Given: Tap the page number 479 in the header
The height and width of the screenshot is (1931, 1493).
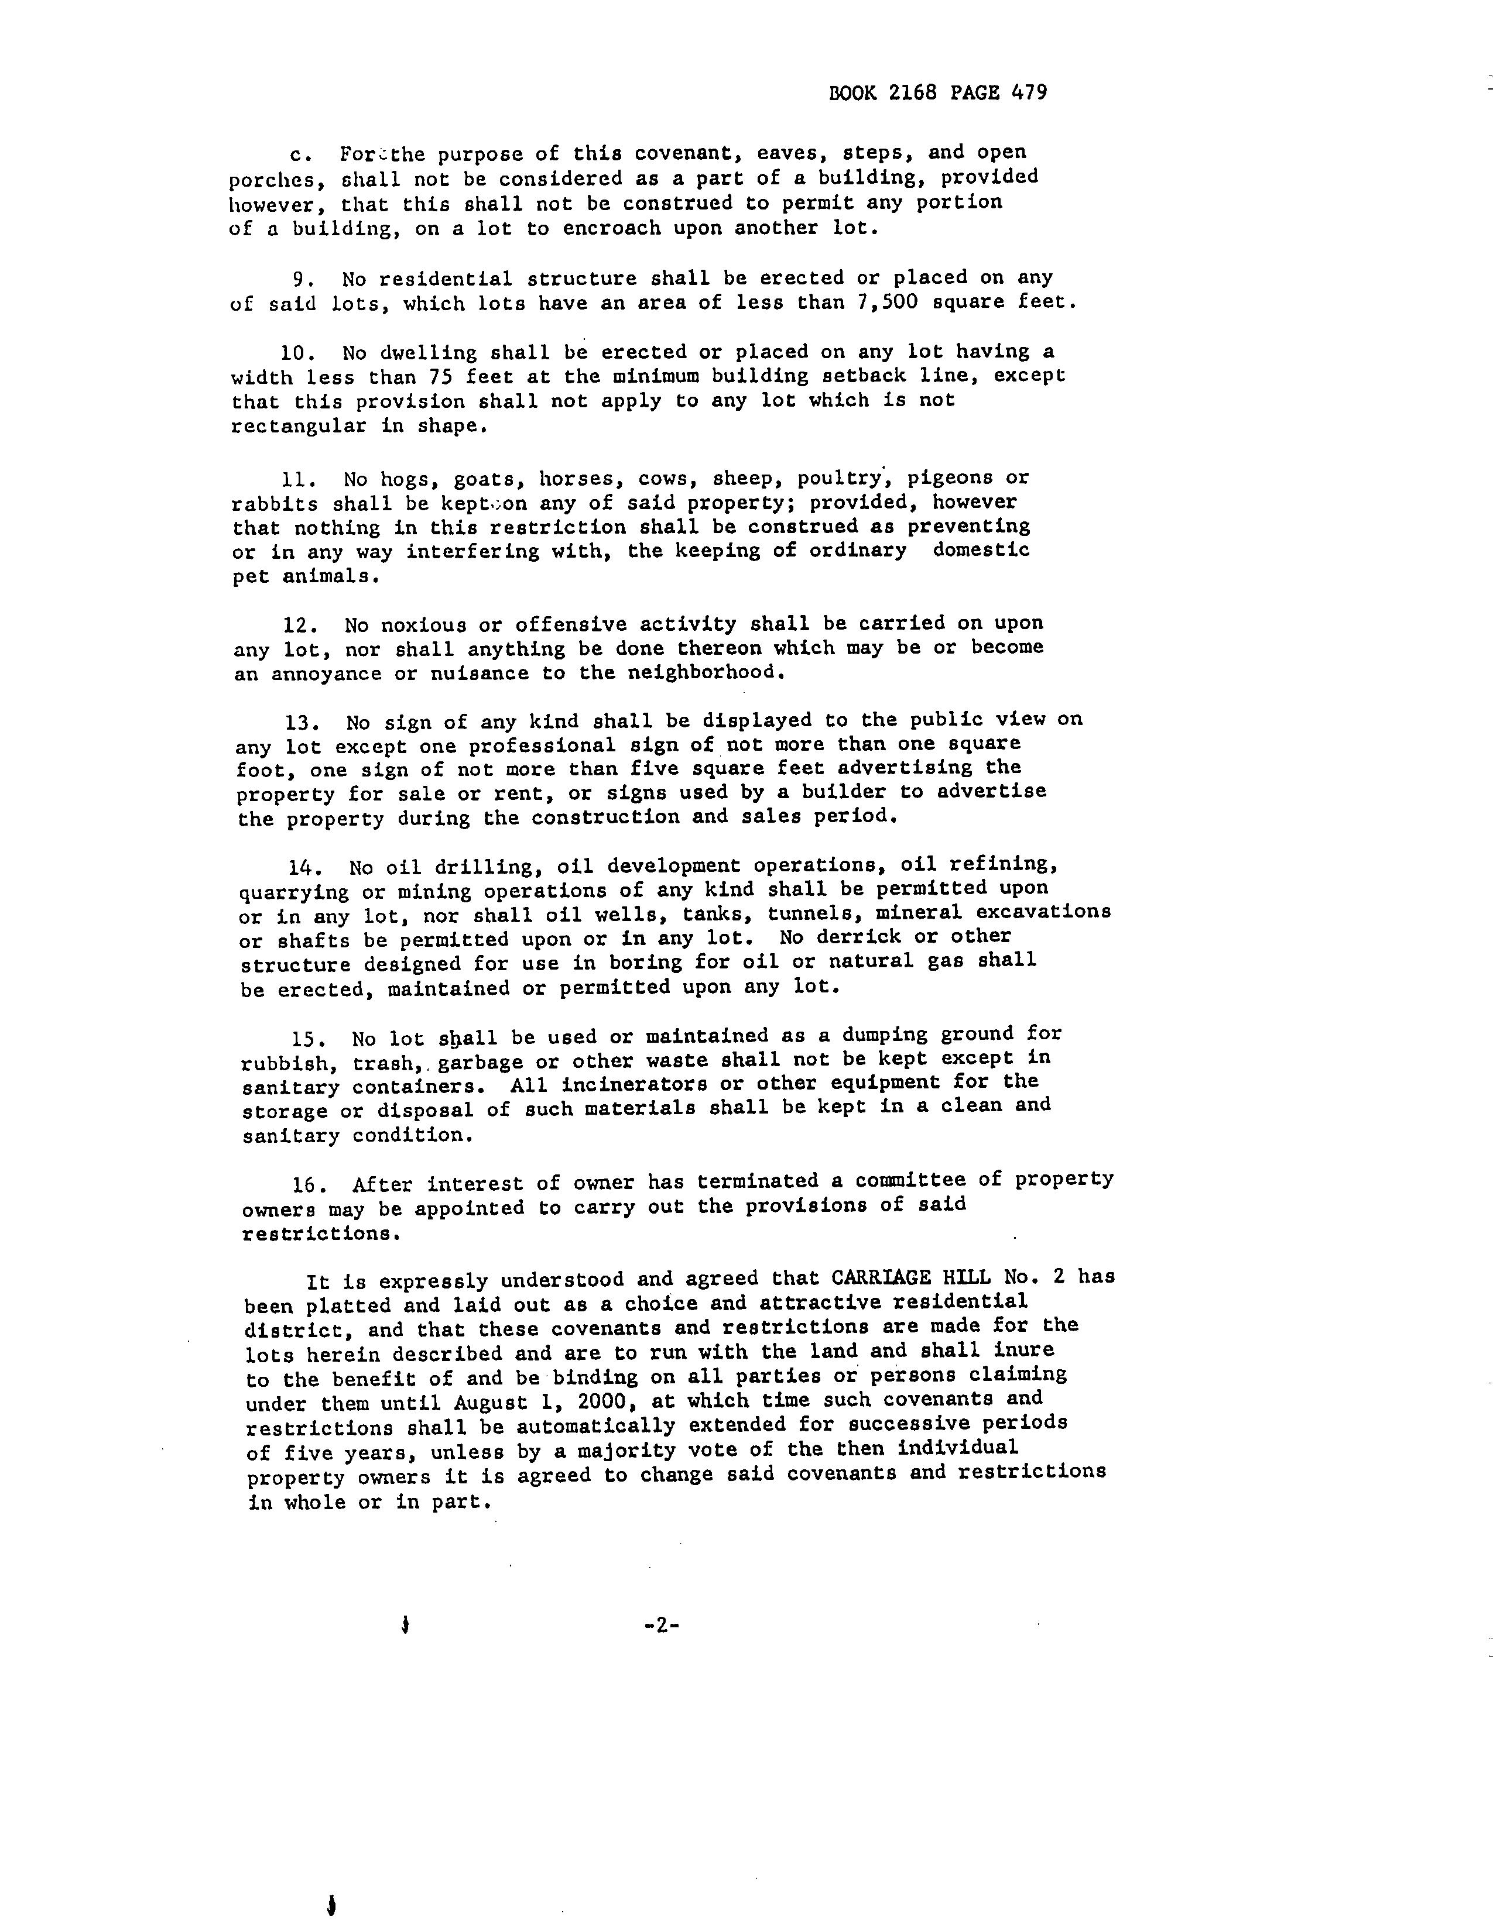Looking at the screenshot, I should coord(1029,93).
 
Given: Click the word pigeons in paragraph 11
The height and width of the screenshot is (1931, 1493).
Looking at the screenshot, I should coord(949,478).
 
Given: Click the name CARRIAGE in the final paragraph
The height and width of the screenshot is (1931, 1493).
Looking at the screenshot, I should coord(881,1279).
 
